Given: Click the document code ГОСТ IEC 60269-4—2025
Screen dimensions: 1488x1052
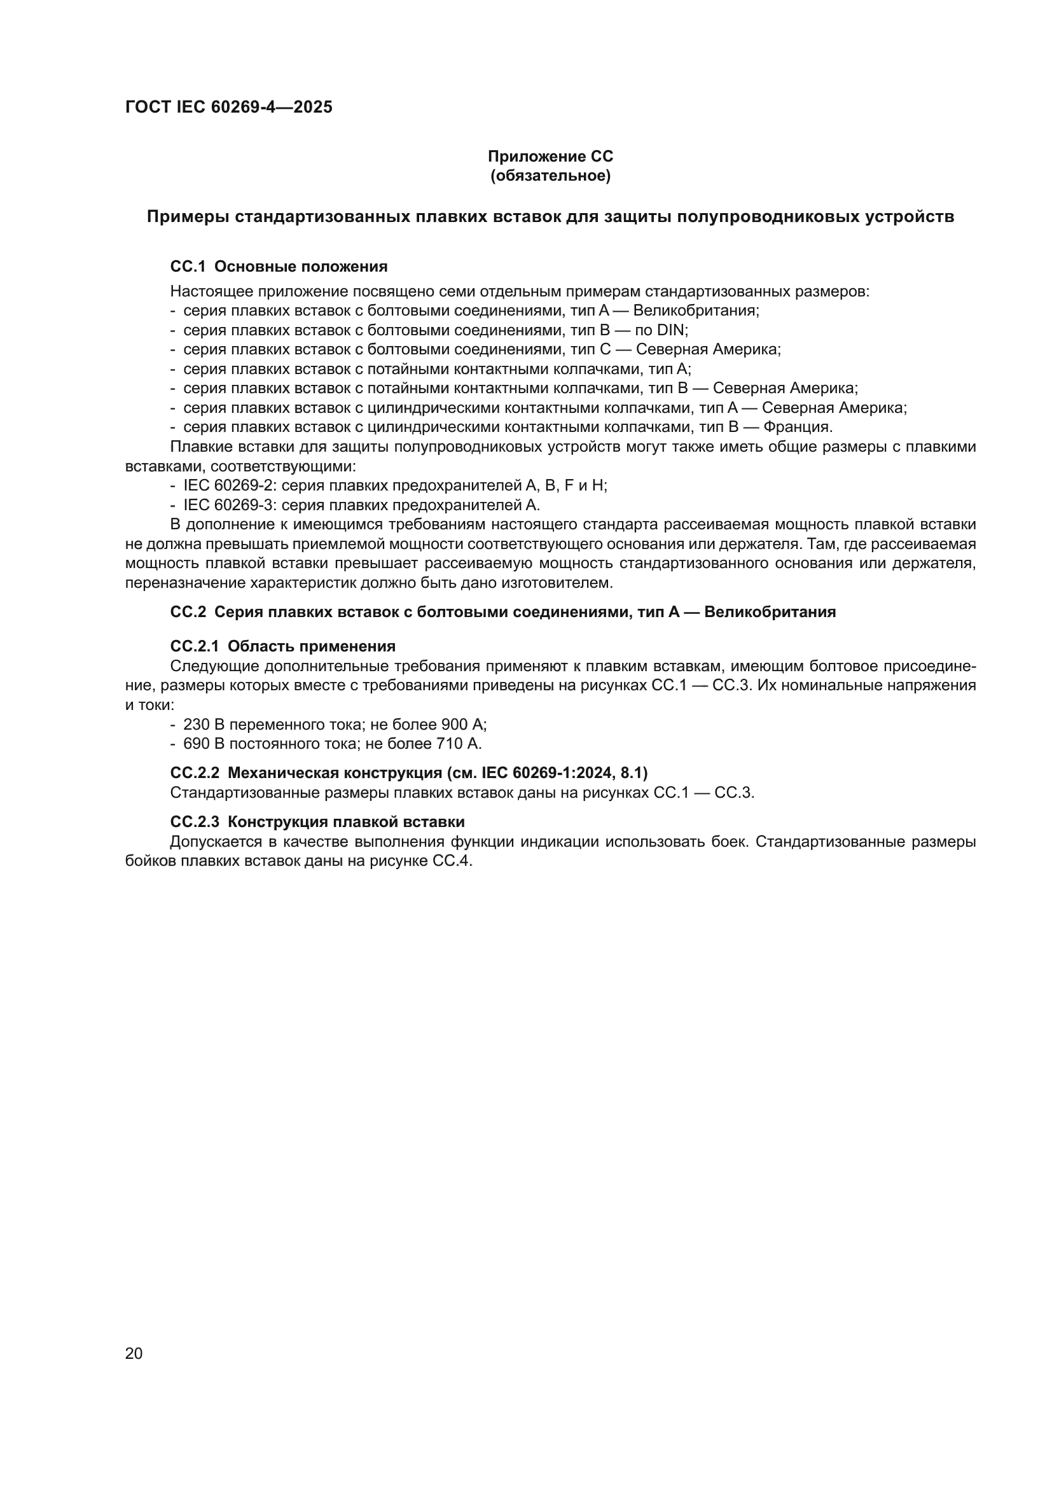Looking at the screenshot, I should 229,107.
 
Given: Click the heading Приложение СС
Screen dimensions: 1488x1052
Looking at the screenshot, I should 550,156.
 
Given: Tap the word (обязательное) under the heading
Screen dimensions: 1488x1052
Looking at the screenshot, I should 550,176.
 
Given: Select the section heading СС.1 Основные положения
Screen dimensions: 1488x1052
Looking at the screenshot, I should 279,267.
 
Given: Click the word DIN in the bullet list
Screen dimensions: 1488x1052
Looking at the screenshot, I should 670,330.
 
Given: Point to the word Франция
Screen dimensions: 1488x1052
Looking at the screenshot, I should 798,427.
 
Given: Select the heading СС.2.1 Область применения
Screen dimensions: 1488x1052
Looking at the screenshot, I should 282,646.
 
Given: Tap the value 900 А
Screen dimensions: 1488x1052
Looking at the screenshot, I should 463,725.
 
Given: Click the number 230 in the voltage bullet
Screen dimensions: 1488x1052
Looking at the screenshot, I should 197,725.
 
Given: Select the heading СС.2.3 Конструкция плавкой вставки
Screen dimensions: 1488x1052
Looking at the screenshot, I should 317,822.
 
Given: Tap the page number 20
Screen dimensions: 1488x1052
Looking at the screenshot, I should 134,1353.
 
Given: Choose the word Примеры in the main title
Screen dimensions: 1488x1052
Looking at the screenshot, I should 188,217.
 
